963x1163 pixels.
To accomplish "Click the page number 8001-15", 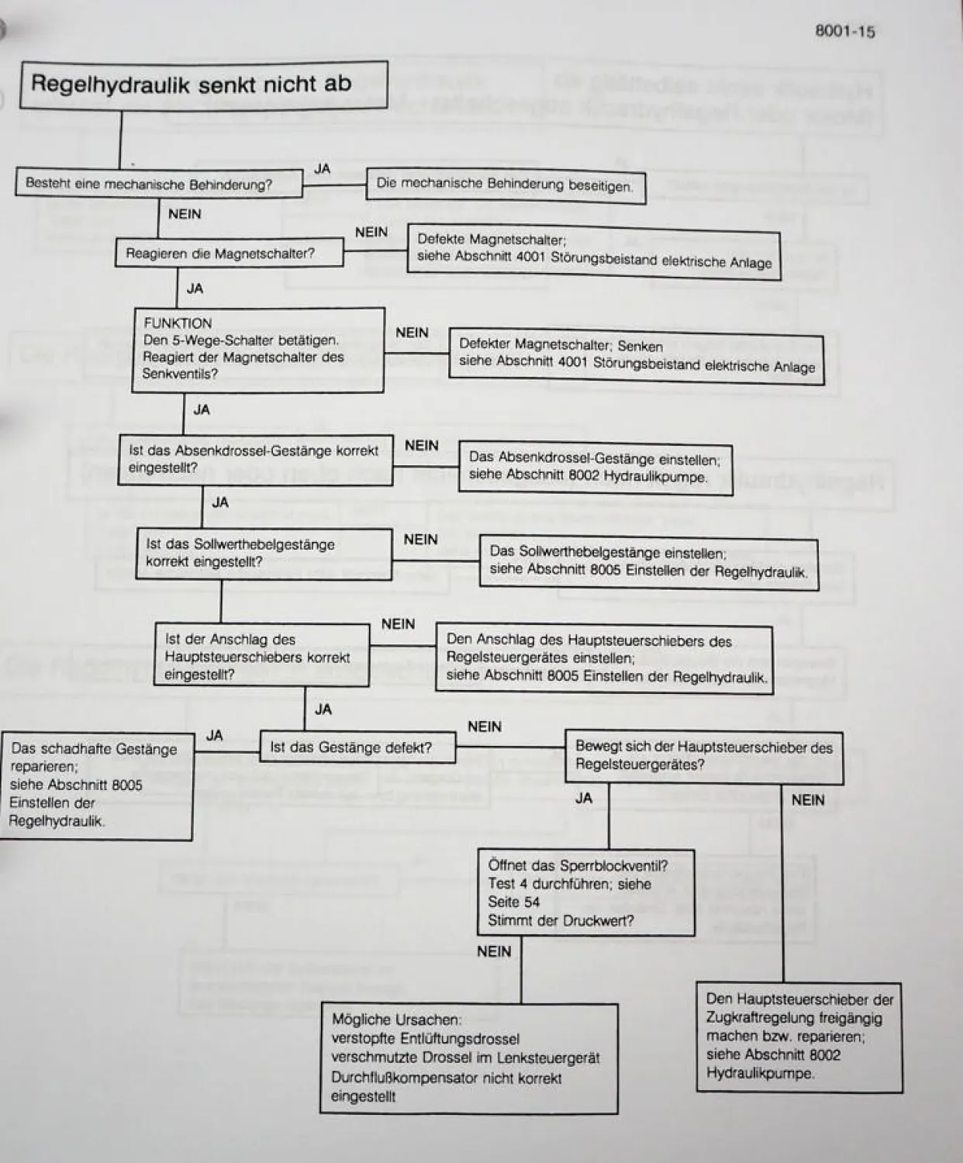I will click(x=845, y=32).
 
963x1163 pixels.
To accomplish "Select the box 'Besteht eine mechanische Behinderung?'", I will click(x=158, y=184).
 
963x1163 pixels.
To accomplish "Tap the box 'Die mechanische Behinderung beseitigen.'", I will click(x=505, y=185).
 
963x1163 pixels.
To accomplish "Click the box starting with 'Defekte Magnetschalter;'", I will click(x=594, y=251).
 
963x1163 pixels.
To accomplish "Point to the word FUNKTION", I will click(x=178, y=323).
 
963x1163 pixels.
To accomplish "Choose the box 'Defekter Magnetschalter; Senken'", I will click(x=636, y=356).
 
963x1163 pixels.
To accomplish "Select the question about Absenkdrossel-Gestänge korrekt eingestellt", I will click(x=255, y=459).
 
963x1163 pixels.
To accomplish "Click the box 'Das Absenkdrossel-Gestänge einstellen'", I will click(x=595, y=467).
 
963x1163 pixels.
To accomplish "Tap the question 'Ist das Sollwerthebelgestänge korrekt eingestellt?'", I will click(x=264, y=553).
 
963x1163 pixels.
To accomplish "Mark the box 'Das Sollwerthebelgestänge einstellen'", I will click(x=648, y=562).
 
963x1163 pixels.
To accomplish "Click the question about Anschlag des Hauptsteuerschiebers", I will click(x=261, y=656).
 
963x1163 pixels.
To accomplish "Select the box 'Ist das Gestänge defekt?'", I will click(x=357, y=747).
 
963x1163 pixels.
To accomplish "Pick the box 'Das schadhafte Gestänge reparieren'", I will click(x=96, y=785).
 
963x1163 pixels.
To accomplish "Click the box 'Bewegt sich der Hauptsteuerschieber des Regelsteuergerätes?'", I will click(x=703, y=756).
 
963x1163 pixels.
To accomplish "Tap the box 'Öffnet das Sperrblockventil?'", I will click(x=586, y=892).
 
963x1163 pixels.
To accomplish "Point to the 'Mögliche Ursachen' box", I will click(x=468, y=1058).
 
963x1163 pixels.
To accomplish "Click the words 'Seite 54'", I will click(x=513, y=902).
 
